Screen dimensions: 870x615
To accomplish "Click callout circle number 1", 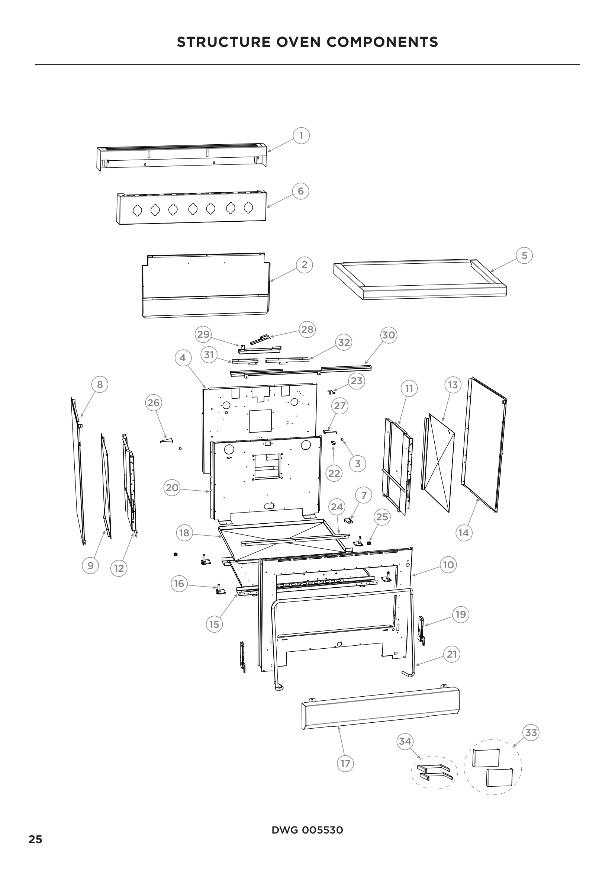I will click(301, 135).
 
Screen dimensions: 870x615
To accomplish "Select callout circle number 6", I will click(301, 190).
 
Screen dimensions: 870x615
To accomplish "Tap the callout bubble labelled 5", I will click(524, 255).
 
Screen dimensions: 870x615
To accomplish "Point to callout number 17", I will click(345, 763).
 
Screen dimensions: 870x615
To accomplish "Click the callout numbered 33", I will click(531, 732).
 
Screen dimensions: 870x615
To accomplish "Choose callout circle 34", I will click(405, 741).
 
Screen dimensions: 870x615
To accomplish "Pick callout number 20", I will click(172, 487).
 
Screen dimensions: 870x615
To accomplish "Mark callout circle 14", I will click(464, 533).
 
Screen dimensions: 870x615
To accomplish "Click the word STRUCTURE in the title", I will click(223, 42).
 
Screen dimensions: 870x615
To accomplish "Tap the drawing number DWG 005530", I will click(307, 830).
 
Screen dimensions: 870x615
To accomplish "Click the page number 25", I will click(35, 839).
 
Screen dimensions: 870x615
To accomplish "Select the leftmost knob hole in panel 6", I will click(138, 209).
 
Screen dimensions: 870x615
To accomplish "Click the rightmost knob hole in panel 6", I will click(248, 207).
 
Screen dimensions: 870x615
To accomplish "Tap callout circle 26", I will click(153, 402).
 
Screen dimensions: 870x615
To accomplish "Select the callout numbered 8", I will click(100, 385).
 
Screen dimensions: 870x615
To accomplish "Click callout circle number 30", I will click(388, 335).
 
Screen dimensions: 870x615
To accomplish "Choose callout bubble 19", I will click(460, 614).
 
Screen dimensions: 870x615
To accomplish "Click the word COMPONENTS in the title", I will click(382, 42).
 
